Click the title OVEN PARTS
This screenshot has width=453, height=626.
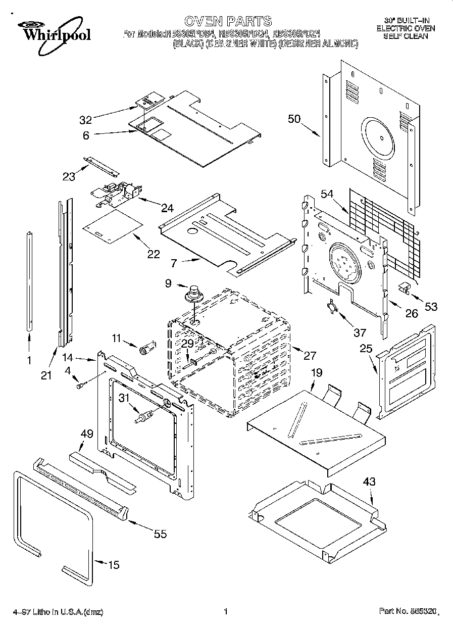pyautogui.click(x=228, y=21)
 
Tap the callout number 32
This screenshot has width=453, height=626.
pyautogui.click(x=85, y=120)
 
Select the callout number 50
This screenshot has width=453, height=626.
pyautogui.click(x=294, y=119)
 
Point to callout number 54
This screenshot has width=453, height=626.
pyautogui.click(x=327, y=195)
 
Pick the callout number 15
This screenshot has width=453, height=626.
pyautogui.click(x=114, y=564)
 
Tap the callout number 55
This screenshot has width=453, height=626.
pyautogui.click(x=160, y=534)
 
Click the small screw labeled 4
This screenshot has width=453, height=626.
pyautogui.click(x=80, y=386)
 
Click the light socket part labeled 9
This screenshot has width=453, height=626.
pyautogui.click(x=192, y=293)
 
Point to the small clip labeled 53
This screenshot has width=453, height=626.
pyautogui.click(x=404, y=287)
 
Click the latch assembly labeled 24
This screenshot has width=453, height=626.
pyautogui.click(x=117, y=194)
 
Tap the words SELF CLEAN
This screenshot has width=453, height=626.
pyautogui.click(x=405, y=36)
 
